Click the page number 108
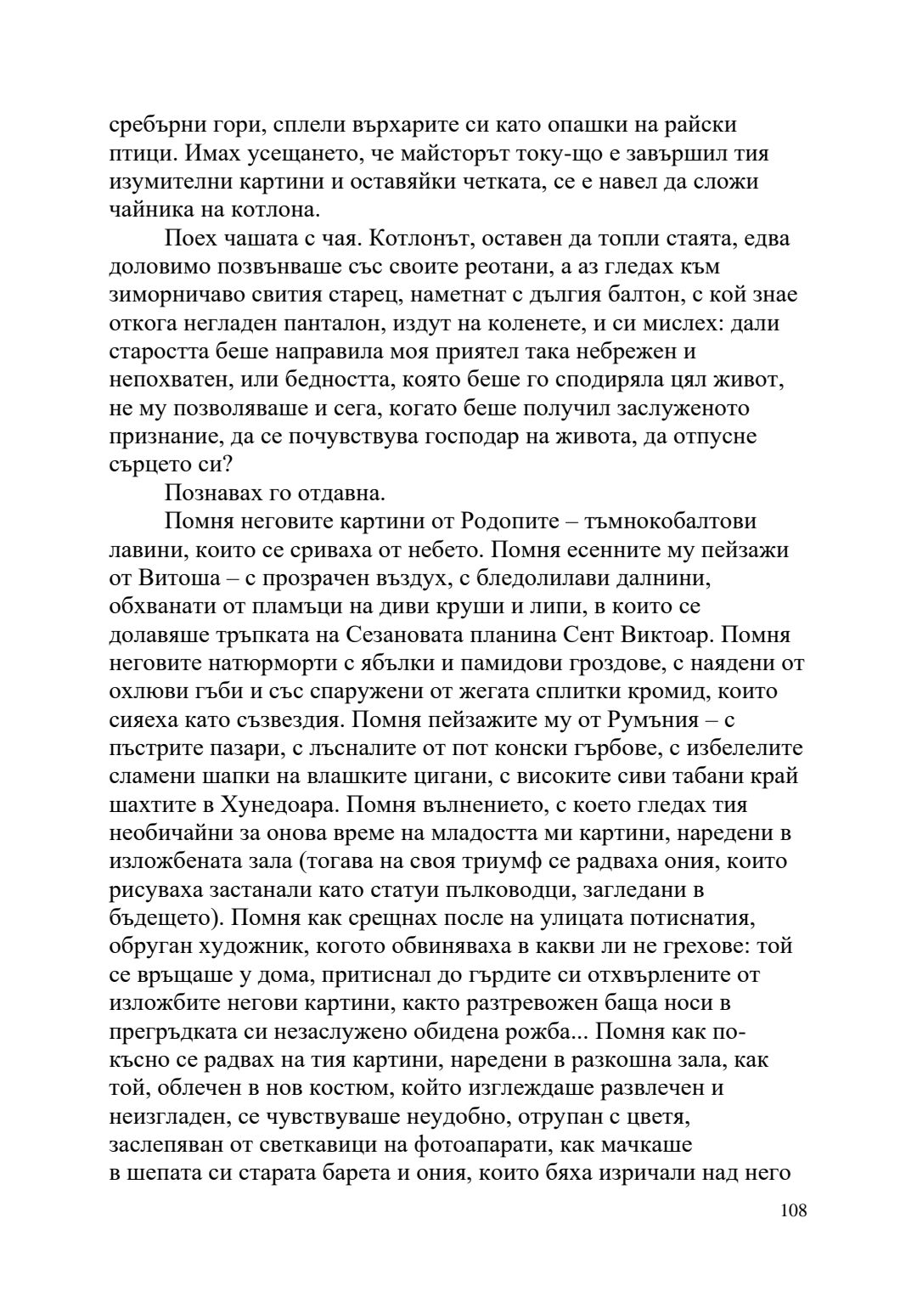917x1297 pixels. point(792,1210)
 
